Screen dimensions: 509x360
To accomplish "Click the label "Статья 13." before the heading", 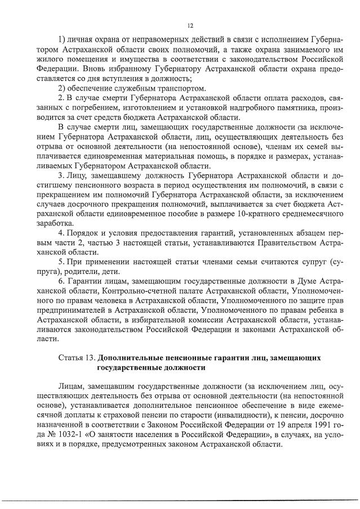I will [76, 358].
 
